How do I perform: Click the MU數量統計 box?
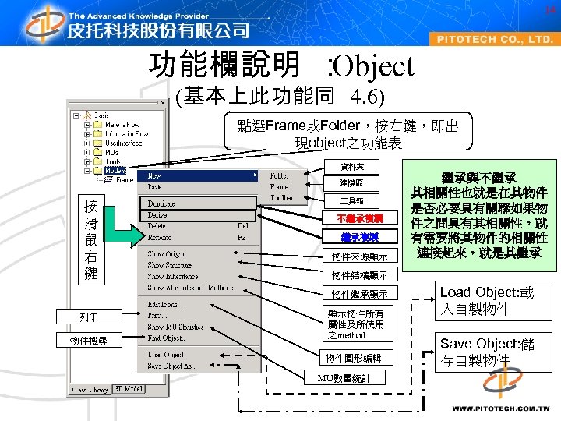(x=344, y=379)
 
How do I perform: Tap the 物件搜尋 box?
(x=89, y=341)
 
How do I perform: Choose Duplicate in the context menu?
(x=162, y=203)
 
